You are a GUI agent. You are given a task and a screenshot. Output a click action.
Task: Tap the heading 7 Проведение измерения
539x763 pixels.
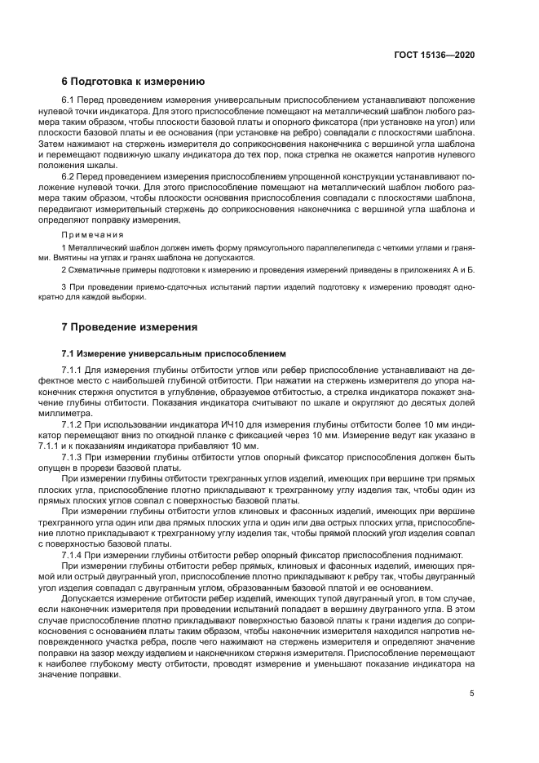click(x=130, y=327)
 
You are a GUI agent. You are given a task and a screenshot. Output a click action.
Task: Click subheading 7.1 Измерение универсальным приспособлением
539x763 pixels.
click(x=175, y=355)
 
